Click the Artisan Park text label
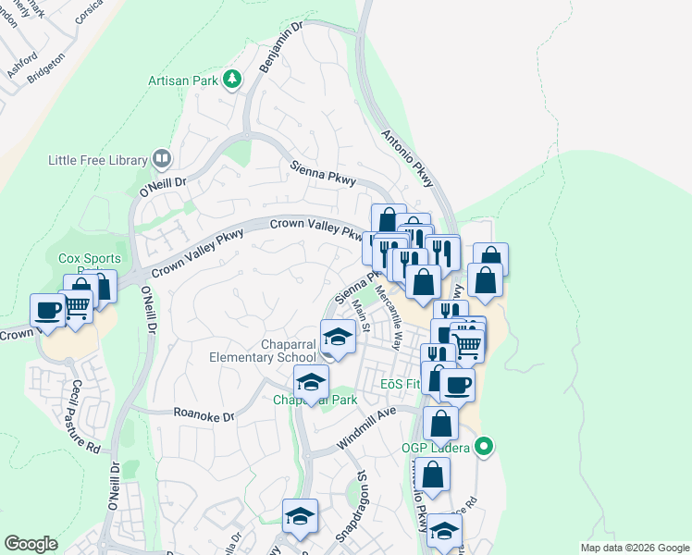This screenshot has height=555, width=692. tap(183, 80)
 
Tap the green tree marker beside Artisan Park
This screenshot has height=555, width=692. tap(231, 80)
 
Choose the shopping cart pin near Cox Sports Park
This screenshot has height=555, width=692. tap(77, 304)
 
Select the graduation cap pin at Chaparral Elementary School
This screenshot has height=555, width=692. tap(338, 336)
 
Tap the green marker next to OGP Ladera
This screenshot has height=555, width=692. tap(482, 449)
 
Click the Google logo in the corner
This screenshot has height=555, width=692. tap(31, 544)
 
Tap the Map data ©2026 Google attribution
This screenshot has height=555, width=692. tap(634, 548)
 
